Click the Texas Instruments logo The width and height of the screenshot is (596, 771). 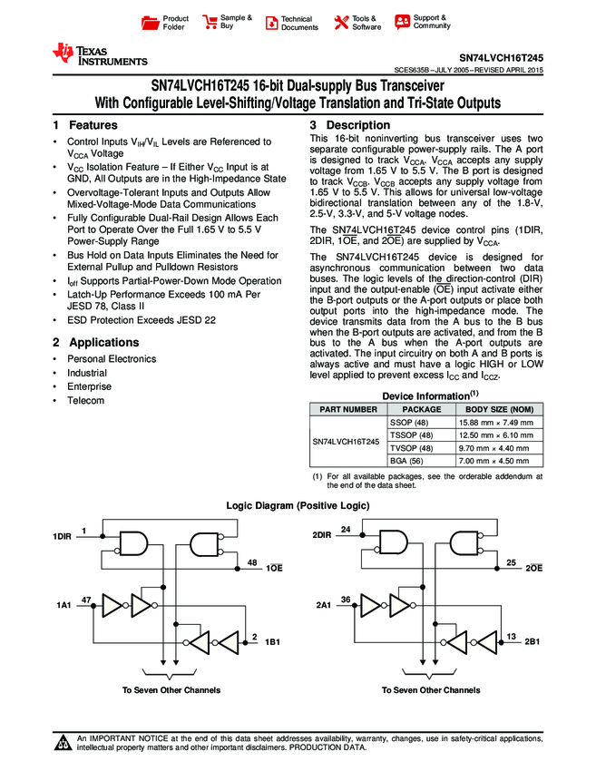coord(99,55)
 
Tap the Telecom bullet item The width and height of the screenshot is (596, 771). coord(85,401)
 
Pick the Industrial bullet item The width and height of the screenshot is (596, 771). coord(87,373)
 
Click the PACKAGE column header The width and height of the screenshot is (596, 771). coord(415,409)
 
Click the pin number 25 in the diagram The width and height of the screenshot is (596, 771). coord(512,563)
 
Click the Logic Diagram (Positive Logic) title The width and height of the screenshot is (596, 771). coord(297,504)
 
